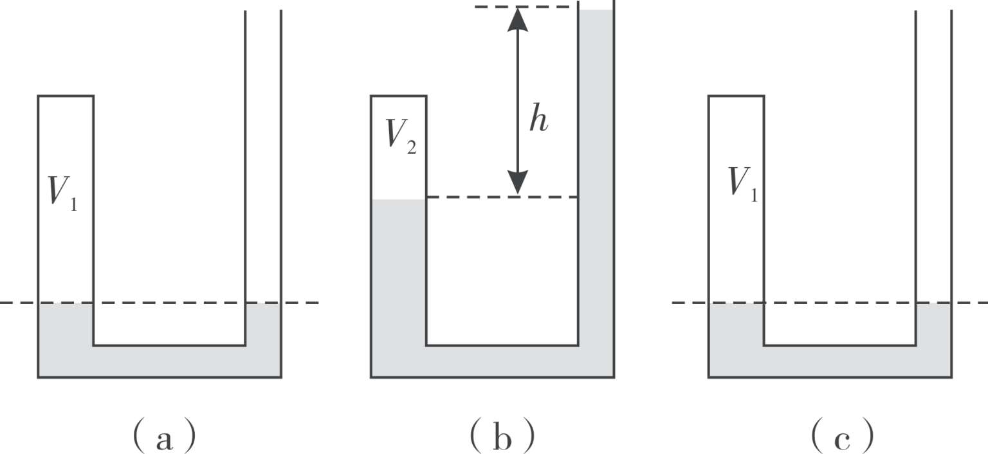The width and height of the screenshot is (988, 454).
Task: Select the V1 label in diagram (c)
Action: pyautogui.click(x=742, y=185)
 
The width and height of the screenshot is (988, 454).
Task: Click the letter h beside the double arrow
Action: pyautogui.click(x=538, y=118)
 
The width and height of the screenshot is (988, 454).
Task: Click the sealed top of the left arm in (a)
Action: pyautogui.click(x=66, y=96)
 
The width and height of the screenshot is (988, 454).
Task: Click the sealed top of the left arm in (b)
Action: pyautogui.click(x=399, y=96)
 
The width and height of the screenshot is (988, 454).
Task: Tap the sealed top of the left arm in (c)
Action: pyautogui.click(x=736, y=96)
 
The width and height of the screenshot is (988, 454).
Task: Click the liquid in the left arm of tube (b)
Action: pyautogui.click(x=399, y=273)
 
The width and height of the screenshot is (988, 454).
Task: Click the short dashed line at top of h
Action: pyautogui.click(x=526, y=6)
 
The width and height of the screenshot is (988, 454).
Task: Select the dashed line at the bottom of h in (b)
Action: pyautogui.click(x=502, y=197)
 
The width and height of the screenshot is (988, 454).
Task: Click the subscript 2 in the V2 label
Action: pyautogui.click(x=412, y=148)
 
